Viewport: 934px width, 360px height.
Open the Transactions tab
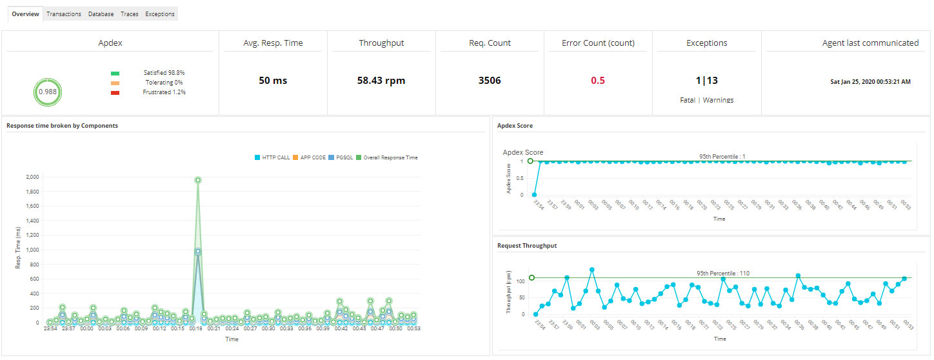click(x=64, y=14)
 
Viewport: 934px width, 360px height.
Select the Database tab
click(x=101, y=14)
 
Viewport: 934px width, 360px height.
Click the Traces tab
click(x=130, y=14)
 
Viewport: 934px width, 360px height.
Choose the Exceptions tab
click(x=160, y=14)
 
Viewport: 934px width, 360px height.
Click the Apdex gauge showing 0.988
click(x=47, y=92)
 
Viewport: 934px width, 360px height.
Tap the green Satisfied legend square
click(x=115, y=74)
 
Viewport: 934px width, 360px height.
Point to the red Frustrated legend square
click(x=115, y=93)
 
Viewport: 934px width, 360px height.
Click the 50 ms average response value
click(x=273, y=81)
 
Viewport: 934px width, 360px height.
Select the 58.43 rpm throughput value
click(x=381, y=81)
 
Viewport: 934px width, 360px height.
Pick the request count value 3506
click(x=490, y=81)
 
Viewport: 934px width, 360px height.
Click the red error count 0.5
click(x=598, y=81)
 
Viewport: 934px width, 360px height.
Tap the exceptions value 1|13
click(x=706, y=81)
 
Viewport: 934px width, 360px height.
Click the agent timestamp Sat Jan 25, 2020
click(x=870, y=82)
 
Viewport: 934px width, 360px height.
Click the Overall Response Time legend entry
click(x=387, y=157)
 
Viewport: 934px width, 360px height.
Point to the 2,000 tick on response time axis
click(x=32, y=177)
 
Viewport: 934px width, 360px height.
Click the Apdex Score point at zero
click(x=534, y=194)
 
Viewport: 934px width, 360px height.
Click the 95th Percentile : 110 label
click(x=723, y=274)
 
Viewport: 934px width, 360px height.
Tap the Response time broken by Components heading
click(x=62, y=126)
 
